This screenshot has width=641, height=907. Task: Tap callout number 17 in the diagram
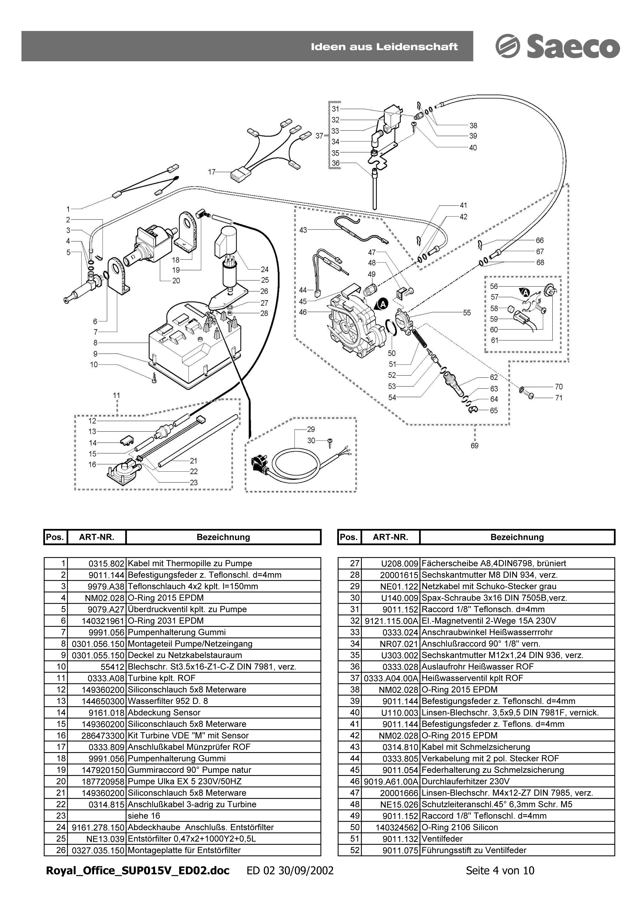point(212,172)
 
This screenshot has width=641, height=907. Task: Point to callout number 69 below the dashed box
point(474,445)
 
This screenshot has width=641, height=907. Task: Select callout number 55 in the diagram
point(467,313)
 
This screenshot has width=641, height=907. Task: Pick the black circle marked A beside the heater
point(382,304)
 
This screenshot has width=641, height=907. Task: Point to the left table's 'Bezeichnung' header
point(223,537)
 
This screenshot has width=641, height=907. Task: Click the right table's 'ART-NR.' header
point(390,537)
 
